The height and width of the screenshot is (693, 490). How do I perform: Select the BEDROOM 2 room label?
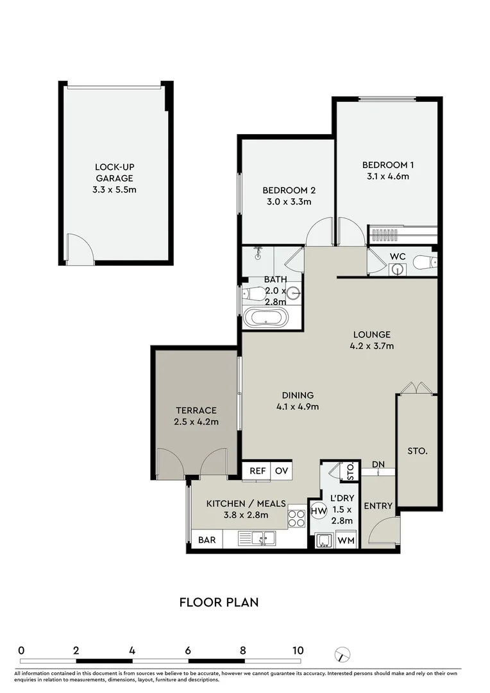[x=289, y=191]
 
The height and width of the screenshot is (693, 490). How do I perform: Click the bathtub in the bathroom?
[x=265, y=318]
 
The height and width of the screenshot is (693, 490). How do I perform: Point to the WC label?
[x=398, y=257]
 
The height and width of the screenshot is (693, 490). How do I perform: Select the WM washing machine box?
[x=346, y=540]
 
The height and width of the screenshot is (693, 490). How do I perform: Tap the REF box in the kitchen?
[x=257, y=470]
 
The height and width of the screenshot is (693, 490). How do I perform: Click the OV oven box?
[x=281, y=470]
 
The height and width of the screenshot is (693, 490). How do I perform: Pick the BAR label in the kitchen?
[x=207, y=540]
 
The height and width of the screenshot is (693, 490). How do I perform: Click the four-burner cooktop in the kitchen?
[x=297, y=517]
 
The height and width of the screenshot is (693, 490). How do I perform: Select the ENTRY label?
[x=378, y=506]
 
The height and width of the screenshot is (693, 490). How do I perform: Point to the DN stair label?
[x=379, y=464]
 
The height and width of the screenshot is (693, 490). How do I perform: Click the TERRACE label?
[x=196, y=411]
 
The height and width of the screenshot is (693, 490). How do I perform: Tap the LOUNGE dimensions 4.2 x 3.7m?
[x=372, y=346]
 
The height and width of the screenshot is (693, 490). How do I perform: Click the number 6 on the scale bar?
[x=187, y=650]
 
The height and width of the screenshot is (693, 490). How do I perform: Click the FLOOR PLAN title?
[x=219, y=602]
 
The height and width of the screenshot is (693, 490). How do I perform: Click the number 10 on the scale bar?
[x=298, y=650]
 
